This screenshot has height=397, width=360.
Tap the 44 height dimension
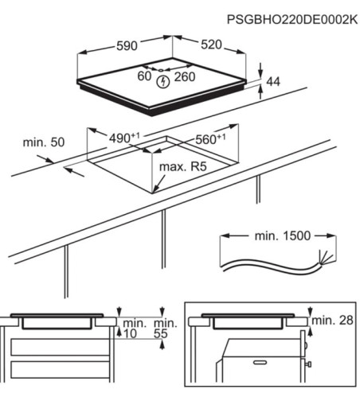[273, 81]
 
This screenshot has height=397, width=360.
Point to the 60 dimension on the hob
[143, 77]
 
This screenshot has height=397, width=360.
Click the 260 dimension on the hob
[185, 77]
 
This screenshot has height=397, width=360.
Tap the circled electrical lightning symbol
[163, 80]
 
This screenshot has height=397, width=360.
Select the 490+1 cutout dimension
[123, 139]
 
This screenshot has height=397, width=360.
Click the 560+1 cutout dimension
[211, 138]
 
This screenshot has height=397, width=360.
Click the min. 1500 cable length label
[271, 236]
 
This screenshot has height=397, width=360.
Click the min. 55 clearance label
[163, 329]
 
